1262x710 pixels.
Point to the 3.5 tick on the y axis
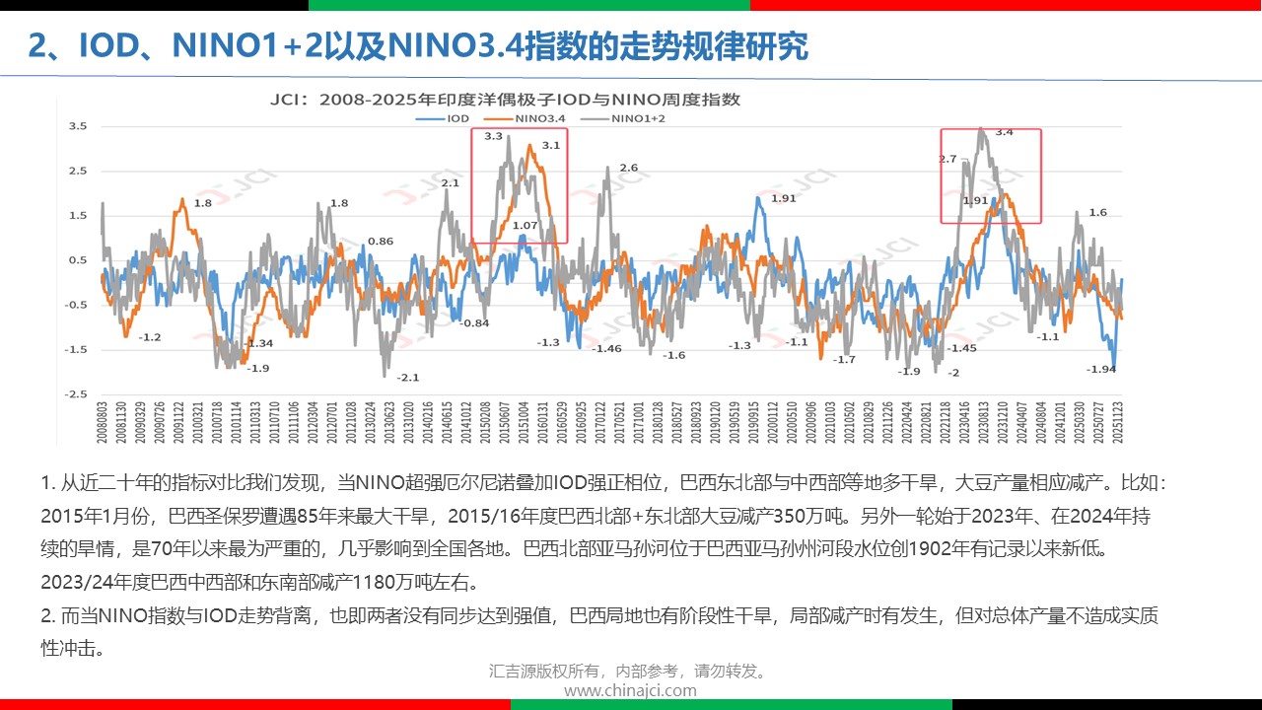pos(77,126)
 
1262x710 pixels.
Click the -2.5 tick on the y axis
pos(75,394)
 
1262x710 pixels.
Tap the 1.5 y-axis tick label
pos(77,216)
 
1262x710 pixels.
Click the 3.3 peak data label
pos(494,136)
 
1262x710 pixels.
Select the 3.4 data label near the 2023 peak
pos(1004,132)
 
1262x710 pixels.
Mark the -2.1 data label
pos(408,378)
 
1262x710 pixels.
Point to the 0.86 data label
pos(381,242)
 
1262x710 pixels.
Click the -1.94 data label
pos(1101,369)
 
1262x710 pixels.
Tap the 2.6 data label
pos(628,168)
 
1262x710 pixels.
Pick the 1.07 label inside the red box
pos(526,226)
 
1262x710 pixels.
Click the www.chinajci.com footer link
pos(630,690)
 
